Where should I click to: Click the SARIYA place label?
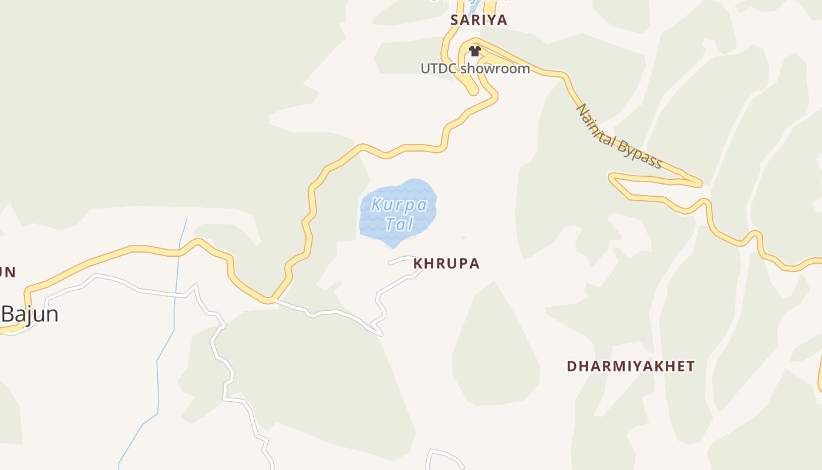(479, 20)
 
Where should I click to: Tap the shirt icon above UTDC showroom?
(475, 51)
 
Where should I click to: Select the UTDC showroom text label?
(475, 69)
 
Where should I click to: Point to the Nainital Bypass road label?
(619, 136)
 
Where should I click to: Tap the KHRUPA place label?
(446, 264)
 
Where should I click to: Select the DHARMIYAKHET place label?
(631, 367)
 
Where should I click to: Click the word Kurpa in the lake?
(399, 206)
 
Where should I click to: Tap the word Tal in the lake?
(399, 224)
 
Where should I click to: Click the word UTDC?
(439, 69)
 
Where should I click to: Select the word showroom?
(495, 69)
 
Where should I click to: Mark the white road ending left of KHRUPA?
(390, 263)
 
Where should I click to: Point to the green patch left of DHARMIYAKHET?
(496, 347)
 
